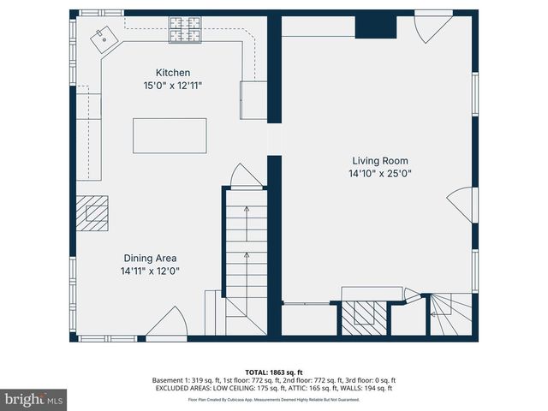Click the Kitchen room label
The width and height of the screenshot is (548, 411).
[x=172, y=73]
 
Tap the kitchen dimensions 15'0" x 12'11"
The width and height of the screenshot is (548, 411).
[x=172, y=86]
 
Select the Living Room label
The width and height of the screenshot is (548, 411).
[x=380, y=160]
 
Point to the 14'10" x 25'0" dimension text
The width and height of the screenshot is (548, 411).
[x=380, y=173]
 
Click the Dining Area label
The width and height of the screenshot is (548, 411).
[x=149, y=258]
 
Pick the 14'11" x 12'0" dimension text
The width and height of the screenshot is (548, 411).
[x=149, y=271]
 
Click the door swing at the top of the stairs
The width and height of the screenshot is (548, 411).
[x=246, y=176]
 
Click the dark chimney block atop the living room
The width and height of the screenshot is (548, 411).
[x=375, y=26]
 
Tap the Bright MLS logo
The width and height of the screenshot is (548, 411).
[x=34, y=399]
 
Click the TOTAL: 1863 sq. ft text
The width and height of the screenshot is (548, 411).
[x=274, y=372]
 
